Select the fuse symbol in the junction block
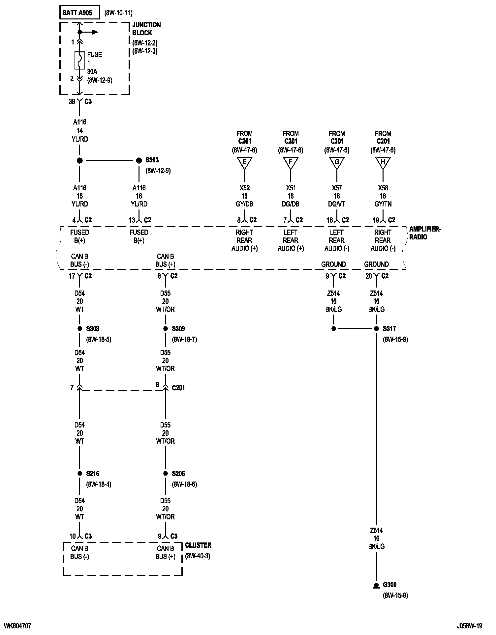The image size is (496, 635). click(79, 60)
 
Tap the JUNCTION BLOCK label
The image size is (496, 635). click(146, 29)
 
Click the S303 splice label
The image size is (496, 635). click(152, 160)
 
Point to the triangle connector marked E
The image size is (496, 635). click(244, 162)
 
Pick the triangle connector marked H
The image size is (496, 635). click(383, 162)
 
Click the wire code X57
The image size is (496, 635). click(337, 188)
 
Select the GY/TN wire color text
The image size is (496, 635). click(383, 204)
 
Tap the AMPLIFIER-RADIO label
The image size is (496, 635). click(425, 233)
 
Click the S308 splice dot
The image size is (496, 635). click(79, 328)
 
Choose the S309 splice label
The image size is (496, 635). click(178, 328)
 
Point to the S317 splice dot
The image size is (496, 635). click(376, 328)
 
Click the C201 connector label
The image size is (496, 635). click(178, 388)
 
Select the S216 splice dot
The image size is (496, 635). click(79, 473)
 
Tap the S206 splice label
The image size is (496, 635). click(178, 473)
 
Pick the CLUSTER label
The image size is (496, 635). click(198, 545)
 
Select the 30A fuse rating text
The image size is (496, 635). click(93, 71)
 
